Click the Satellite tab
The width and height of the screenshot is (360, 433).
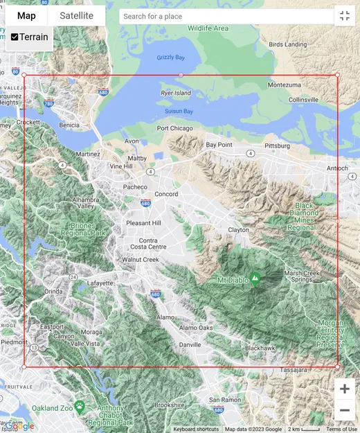76,16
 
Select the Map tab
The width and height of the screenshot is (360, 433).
26,16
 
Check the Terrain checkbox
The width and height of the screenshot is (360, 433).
15,37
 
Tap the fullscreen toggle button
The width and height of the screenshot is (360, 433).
344,16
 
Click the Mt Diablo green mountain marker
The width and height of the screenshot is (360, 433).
255,280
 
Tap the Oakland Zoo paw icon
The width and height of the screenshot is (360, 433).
80,406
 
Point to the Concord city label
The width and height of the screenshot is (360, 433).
166,194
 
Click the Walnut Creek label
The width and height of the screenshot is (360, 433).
141,260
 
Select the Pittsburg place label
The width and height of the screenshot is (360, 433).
278,146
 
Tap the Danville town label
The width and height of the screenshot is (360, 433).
190,344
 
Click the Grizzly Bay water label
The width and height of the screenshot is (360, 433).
170,58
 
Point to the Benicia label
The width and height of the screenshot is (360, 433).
69,125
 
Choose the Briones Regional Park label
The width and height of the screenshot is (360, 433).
88,229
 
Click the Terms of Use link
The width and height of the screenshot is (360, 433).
341,429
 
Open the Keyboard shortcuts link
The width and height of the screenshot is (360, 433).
196,429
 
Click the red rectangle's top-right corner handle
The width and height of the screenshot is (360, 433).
337,75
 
